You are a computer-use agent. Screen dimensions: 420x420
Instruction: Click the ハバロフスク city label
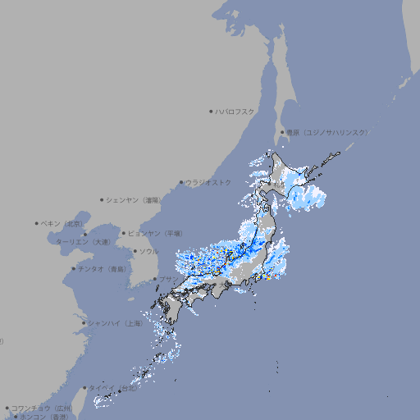(x=235, y=111)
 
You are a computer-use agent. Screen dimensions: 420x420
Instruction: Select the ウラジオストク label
(x=208, y=182)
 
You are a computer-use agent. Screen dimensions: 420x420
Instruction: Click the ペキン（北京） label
(x=62, y=223)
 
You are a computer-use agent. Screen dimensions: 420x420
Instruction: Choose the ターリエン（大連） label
(x=82, y=242)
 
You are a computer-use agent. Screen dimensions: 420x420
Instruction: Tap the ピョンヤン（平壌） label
(x=156, y=233)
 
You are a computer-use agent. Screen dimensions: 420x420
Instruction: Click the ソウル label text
(x=148, y=251)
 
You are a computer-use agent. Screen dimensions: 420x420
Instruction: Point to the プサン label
(x=167, y=280)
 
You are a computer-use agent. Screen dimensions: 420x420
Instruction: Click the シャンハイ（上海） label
(x=115, y=323)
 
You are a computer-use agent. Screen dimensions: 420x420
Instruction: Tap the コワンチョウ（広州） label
(x=42, y=408)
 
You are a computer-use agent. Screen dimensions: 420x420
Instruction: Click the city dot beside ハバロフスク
(x=211, y=111)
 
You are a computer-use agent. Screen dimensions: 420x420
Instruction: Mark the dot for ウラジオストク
(x=181, y=182)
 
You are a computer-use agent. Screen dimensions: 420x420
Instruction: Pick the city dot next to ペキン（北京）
(x=37, y=223)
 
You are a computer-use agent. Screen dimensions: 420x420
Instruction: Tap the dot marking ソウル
(x=135, y=251)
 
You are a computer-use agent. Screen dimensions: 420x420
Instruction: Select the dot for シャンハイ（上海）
(x=84, y=323)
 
